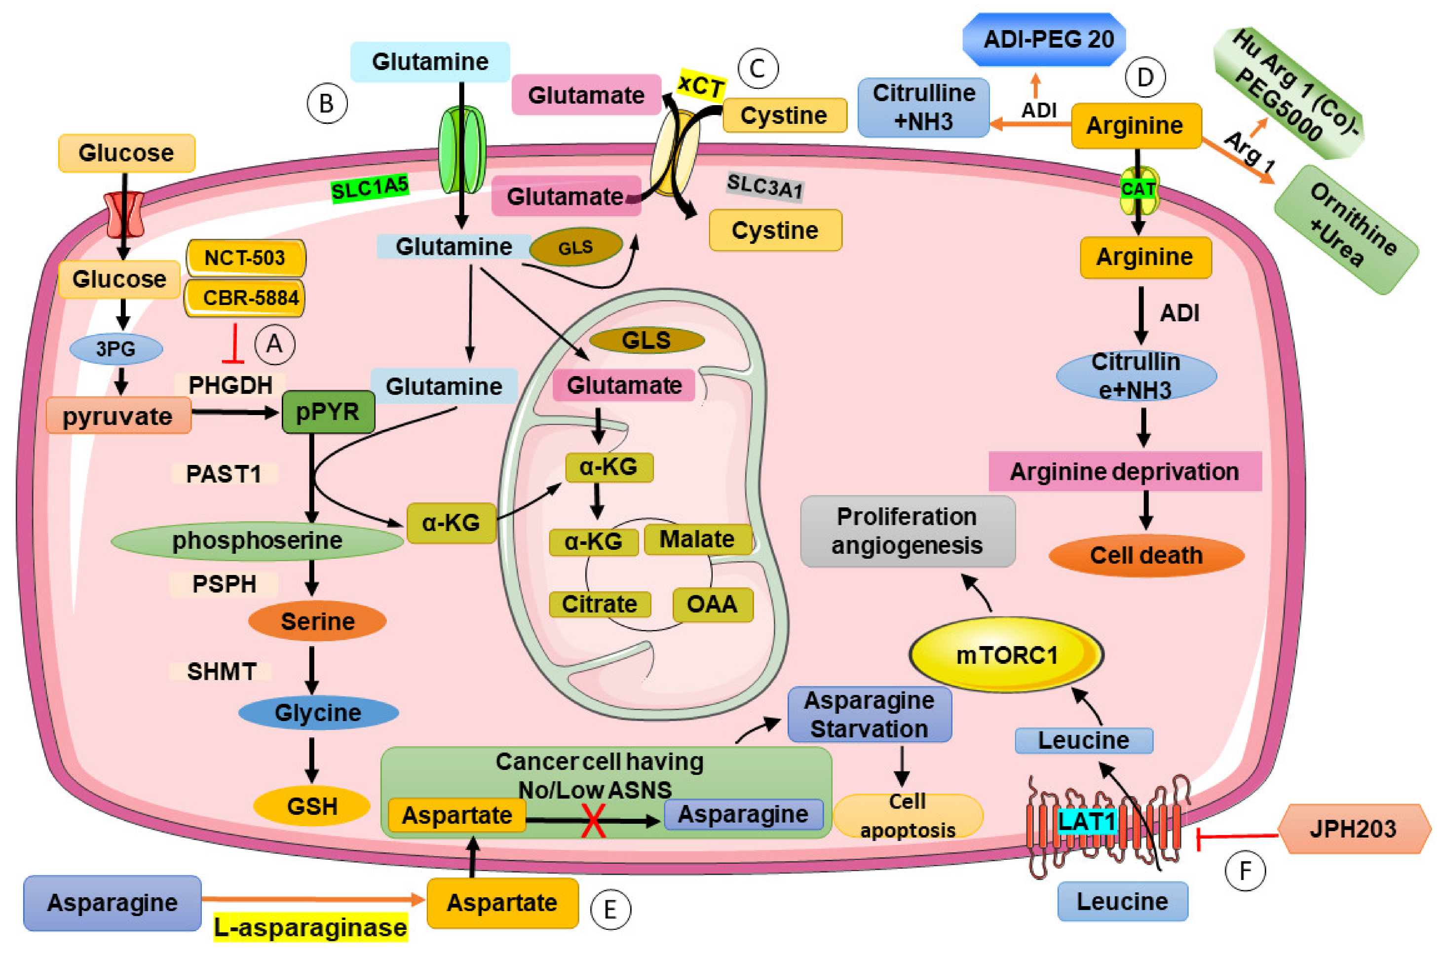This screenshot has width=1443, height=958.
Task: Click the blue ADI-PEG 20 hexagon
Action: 1043,39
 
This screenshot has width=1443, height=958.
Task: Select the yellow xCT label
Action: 701,85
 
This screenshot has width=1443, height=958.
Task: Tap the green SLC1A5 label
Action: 369,188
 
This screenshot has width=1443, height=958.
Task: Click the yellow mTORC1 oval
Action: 1006,654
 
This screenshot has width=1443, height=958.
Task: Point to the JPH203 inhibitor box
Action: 1354,829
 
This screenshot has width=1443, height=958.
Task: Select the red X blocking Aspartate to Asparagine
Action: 593,820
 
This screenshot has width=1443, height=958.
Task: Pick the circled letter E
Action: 610,910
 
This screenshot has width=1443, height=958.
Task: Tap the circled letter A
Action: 274,345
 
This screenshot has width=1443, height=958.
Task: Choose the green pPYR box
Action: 328,412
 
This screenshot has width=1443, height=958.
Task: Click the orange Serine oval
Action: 317,621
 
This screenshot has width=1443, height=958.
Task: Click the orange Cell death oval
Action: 1146,555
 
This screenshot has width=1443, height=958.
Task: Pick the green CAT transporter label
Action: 1138,190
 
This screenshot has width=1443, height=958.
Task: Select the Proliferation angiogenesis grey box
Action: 908,531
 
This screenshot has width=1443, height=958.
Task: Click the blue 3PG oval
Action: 116,349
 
